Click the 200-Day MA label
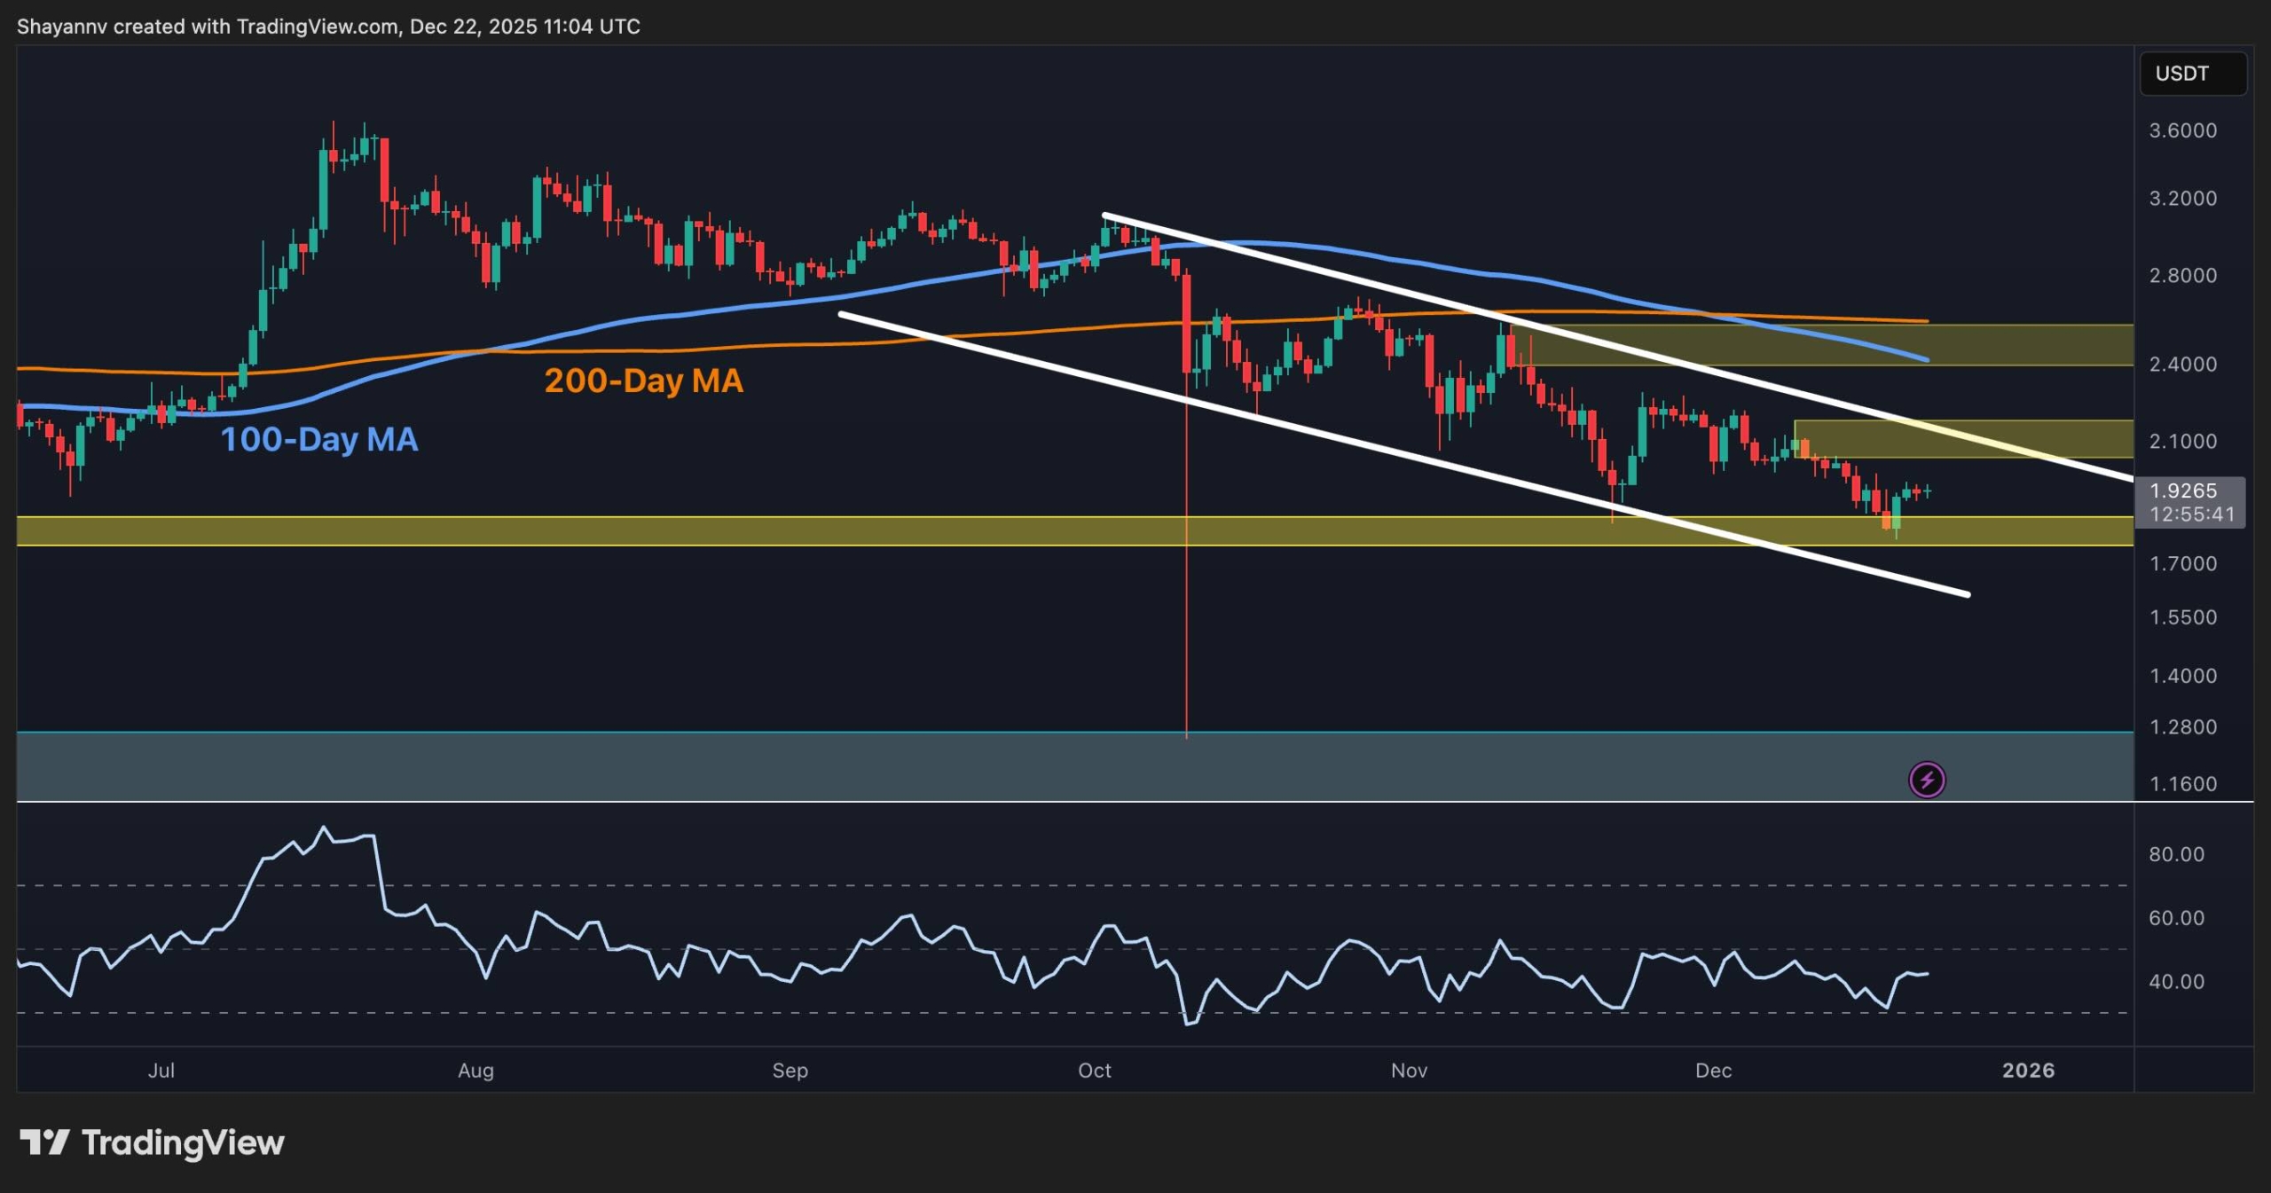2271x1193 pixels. (643, 381)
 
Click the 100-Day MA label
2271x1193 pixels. (318, 439)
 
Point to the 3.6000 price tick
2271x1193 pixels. (2182, 130)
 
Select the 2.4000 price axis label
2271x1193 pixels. (2182, 364)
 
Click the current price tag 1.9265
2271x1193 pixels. (2182, 491)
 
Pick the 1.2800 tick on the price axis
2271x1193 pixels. (2182, 727)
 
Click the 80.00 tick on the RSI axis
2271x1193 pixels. (2176, 854)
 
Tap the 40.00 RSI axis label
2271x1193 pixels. (2176, 982)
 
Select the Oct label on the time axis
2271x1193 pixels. (1094, 1071)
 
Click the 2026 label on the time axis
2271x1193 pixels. (2028, 1071)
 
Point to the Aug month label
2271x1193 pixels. (475, 1071)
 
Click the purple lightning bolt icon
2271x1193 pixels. (1927, 781)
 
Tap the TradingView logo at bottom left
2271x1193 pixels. (152, 1142)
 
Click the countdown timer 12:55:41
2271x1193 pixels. (2192, 514)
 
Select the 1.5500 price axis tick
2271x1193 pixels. (2182, 617)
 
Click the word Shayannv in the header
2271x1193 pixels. (62, 27)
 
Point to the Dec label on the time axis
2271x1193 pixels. (1713, 1071)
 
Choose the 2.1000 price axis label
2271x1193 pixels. (2182, 442)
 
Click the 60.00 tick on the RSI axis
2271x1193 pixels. (2176, 918)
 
